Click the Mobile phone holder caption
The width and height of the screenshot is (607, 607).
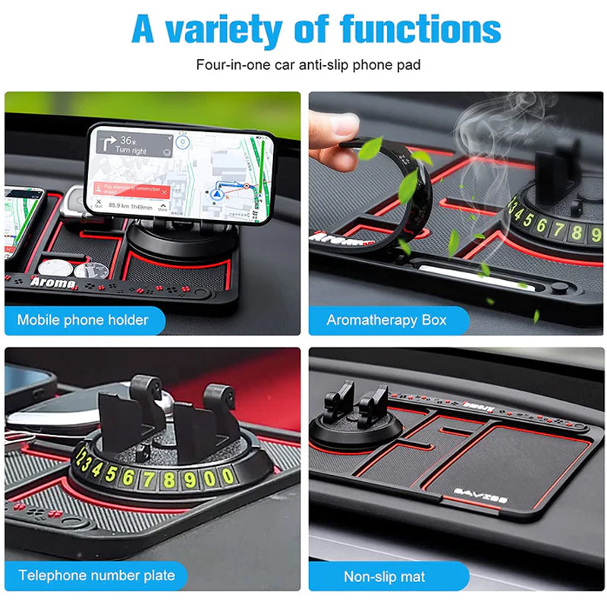coord(83,319)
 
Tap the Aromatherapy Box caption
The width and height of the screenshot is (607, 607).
coord(386,319)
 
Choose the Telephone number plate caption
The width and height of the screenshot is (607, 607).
coord(96,575)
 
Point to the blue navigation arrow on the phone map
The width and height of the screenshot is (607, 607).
coord(219,193)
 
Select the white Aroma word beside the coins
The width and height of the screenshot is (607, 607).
coord(53,282)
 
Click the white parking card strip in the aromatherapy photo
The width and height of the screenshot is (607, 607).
coord(463,272)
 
